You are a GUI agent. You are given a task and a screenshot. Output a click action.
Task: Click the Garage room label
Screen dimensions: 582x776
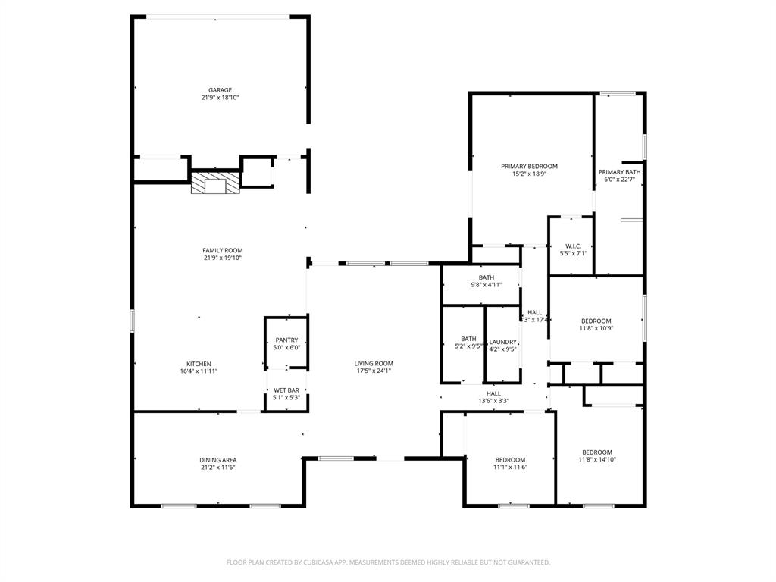point(221,90)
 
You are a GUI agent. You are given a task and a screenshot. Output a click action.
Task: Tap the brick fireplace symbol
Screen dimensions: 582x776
point(214,184)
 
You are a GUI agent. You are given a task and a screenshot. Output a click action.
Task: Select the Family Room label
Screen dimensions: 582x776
point(222,250)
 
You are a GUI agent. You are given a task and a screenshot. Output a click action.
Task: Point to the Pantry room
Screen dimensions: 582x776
point(286,343)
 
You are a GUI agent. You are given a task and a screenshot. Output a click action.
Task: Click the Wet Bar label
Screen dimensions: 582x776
point(286,390)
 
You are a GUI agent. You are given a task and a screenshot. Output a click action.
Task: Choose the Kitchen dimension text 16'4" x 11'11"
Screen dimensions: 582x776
point(199,371)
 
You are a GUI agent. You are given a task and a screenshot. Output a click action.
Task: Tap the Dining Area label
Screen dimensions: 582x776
point(218,460)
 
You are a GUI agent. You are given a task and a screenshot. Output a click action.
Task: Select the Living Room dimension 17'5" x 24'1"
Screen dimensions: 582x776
point(374,371)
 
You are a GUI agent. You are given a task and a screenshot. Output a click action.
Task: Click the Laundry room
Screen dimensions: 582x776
point(502,345)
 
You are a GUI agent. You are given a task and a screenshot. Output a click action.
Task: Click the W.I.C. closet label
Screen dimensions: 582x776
point(573,246)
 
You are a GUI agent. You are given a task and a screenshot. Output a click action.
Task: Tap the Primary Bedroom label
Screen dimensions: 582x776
point(529,167)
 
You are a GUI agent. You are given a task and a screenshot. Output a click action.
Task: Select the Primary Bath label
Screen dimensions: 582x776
point(619,172)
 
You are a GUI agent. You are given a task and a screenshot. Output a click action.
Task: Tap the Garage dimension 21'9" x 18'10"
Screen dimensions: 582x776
point(221,98)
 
